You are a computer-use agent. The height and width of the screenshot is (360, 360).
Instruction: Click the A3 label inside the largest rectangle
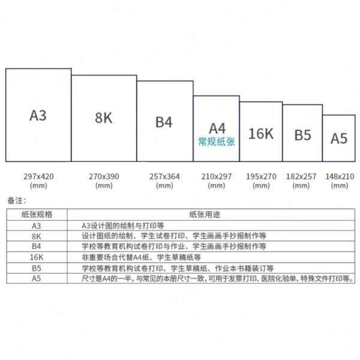tap(38, 115)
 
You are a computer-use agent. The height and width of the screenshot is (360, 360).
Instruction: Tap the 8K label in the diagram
tap(104, 118)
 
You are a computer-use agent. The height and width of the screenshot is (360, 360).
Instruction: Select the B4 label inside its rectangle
tap(164, 122)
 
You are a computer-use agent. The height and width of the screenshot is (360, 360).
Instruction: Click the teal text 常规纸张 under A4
tap(217, 143)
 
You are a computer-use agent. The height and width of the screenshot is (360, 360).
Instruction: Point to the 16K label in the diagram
tap(260, 133)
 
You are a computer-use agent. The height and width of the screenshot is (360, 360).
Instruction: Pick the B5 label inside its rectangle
tap(302, 135)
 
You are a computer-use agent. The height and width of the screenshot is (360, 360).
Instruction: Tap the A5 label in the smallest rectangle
tap(339, 138)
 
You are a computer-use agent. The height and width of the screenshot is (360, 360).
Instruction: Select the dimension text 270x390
tap(104, 176)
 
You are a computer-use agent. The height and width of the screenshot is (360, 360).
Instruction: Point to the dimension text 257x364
tap(164, 176)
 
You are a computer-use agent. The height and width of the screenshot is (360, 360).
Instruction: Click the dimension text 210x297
tap(216, 176)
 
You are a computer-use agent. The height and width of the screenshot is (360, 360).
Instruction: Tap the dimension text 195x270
tap(261, 176)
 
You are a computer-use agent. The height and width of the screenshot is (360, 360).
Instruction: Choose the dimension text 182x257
tap(302, 176)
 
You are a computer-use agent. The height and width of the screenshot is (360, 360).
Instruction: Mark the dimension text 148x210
tap(339, 176)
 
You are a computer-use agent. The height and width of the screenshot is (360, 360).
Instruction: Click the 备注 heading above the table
tap(17, 199)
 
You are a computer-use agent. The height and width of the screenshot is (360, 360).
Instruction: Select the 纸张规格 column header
tap(37, 214)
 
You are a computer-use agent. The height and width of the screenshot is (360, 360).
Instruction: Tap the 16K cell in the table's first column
tap(37, 257)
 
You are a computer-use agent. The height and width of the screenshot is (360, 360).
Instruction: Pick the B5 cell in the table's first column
tap(37, 268)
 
